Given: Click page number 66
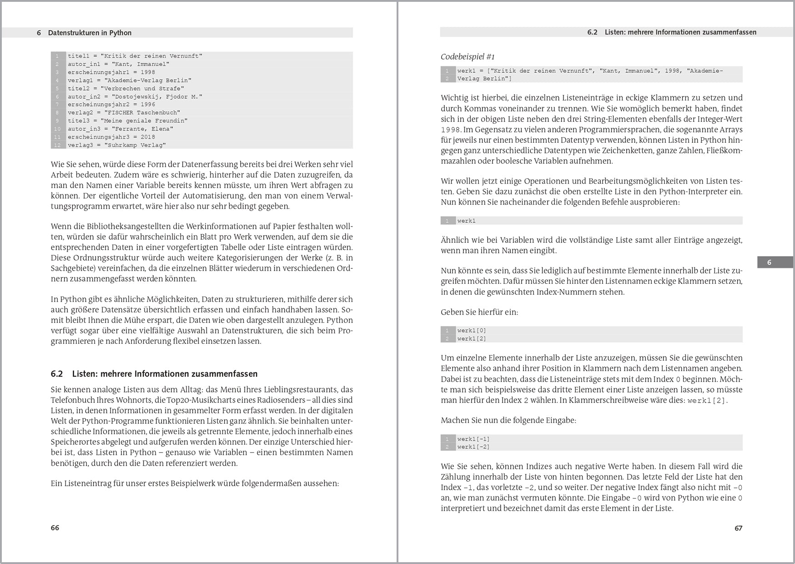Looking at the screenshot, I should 55,528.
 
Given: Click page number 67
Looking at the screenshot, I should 738,528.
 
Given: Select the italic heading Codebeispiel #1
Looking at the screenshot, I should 468,57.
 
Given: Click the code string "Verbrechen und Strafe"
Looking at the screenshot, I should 142,88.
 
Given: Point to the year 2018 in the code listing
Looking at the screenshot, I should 148,137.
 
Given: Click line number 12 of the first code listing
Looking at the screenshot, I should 57,145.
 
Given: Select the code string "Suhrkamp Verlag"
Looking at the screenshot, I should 135,145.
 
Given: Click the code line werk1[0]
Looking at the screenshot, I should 472,331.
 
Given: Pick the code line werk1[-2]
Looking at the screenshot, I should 473,447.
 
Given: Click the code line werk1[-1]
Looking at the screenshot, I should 473,439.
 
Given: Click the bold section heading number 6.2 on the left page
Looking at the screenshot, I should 57,374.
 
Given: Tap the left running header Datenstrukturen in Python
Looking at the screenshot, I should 90,33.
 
